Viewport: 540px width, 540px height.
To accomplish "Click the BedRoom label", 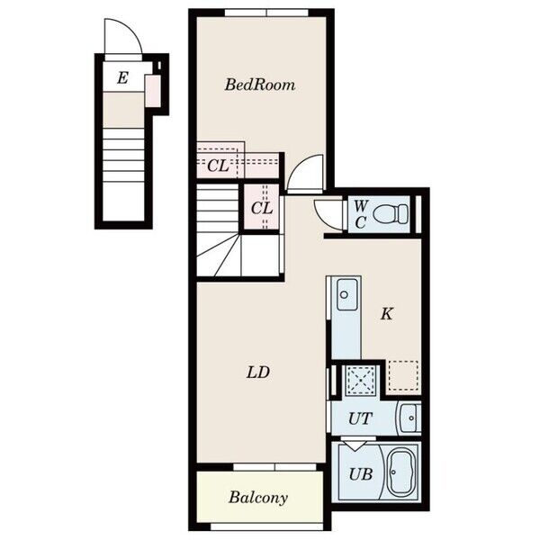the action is coord(260,85).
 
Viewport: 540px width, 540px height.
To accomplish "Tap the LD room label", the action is coord(258,373).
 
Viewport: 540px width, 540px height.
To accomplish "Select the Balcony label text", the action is coord(258,498).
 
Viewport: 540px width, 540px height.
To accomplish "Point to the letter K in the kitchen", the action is coord(386,314).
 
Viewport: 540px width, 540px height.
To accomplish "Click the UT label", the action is coord(360,418).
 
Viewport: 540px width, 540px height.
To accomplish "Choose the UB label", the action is coord(361,474).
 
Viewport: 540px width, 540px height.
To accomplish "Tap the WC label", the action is coord(360,215).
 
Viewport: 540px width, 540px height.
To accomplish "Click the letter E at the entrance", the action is coord(122,77).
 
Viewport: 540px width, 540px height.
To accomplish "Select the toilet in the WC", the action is coord(391,213).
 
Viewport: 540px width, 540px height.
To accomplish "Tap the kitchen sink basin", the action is coord(346,294).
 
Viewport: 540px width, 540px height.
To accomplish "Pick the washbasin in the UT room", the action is coord(409,418).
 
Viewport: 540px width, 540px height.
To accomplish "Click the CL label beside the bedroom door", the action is coord(218,166).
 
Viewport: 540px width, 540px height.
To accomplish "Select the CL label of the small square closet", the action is coord(262,208).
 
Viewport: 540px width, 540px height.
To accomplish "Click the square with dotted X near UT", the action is coord(360,380).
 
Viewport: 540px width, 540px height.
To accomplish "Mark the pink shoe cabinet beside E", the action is coord(153,91).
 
